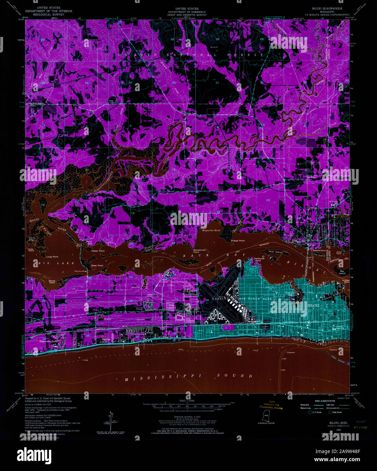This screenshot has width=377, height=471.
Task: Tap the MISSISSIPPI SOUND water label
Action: coord(188,376)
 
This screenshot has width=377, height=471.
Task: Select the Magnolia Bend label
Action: coord(211,230)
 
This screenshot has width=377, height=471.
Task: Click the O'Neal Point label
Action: coord(238,241)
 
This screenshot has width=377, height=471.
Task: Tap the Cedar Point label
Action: coord(98,251)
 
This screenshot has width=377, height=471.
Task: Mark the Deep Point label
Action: coord(97,265)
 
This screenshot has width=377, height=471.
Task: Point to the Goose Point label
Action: coord(52,282)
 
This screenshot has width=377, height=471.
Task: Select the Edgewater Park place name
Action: coord(47,341)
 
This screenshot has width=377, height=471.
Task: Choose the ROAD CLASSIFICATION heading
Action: coord(325,401)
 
